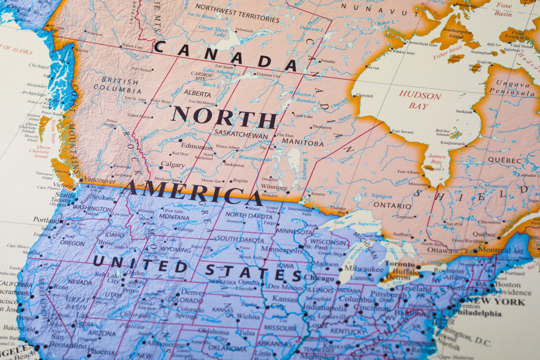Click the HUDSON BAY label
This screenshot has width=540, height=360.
pyautogui.click(x=420, y=100)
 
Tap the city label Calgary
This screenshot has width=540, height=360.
pyautogui.click(x=173, y=165)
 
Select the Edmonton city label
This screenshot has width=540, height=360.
pyautogui.click(x=197, y=147)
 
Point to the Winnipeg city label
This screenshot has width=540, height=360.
pyautogui.click(x=274, y=187)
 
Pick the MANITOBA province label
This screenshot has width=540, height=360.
pyautogui.click(x=302, y=143)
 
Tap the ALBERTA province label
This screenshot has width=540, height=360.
pyautogui.click(x=197, y=94)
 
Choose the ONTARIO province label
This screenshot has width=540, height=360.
pyautogui.click(x=392, y=206)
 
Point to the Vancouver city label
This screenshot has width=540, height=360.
pyautogui.click(x=97, y=180)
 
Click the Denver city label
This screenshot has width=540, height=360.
pyautogui.click(x=192, y=292)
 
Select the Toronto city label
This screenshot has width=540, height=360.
pyautogui.click(x=400, y=264)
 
